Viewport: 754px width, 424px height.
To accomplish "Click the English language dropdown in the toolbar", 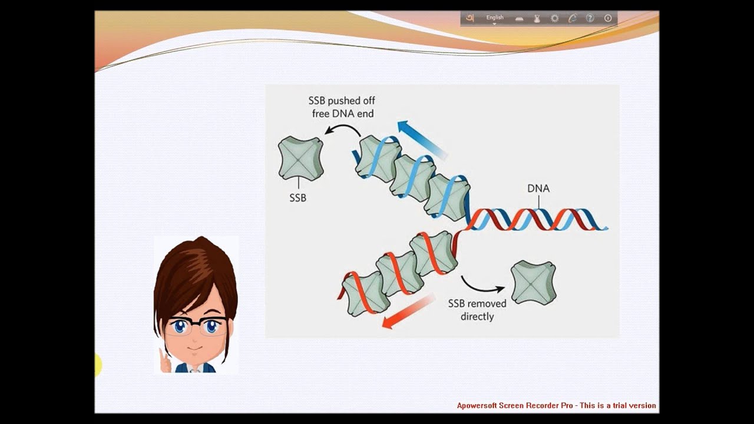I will (495, 18).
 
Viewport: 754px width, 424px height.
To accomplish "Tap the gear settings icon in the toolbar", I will (554, 18).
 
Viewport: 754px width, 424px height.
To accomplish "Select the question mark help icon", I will (590, 18).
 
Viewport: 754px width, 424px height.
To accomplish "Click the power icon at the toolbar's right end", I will (608, 18).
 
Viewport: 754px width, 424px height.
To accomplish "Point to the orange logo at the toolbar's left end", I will (469, 18).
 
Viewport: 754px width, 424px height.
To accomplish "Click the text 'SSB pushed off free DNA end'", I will (342, 107).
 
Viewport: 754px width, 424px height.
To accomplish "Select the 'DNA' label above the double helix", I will (538, 188).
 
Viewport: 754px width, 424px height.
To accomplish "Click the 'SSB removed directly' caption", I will (477, 310).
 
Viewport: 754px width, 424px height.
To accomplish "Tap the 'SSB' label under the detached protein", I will (298, 198).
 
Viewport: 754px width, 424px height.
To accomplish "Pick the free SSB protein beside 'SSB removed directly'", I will (533, 283).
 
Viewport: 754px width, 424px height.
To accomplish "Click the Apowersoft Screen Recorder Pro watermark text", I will (556, 405).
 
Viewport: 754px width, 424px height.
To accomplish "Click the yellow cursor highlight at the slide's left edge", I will (98, 365).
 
